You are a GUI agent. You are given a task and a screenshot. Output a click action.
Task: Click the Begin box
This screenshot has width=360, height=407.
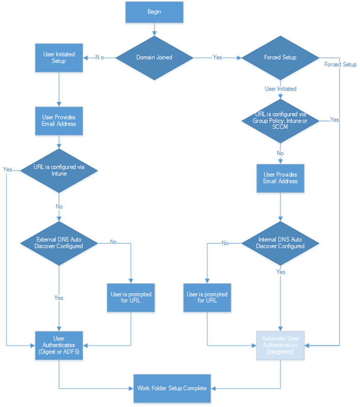click(155, 12)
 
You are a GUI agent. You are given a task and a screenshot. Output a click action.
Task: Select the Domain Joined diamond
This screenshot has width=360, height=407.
click(155, 57)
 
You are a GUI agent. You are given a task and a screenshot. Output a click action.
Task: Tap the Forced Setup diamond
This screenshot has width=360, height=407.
click(280, 57)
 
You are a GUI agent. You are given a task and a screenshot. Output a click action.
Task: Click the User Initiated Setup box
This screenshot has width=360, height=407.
click(59, 57)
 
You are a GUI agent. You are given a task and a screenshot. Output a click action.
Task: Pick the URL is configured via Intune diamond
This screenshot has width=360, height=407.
click(59, 170)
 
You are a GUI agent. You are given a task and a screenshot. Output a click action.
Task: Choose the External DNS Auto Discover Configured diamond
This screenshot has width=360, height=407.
click(59, 243)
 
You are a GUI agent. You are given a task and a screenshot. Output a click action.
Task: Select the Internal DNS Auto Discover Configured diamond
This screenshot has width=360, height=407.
click(280, 243)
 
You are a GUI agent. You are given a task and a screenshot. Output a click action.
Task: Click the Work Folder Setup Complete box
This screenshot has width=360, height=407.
click(172, 388)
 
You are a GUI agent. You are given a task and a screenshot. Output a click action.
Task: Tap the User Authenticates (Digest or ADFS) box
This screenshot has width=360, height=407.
click(59, 345)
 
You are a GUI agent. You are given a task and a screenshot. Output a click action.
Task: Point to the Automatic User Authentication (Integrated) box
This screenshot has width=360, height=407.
click(280, 345)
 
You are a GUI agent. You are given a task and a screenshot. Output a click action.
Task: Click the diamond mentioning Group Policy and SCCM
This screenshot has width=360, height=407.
click(280, 121)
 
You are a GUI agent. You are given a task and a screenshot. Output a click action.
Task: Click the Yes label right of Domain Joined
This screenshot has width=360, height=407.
click(217, 57)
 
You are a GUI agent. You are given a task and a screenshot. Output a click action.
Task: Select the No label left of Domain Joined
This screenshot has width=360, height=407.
click(100, 57)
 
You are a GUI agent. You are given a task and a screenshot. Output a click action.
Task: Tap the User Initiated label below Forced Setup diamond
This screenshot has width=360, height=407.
click(280, 89)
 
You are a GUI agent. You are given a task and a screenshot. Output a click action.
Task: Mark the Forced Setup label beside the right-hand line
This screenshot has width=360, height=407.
click(340, 65)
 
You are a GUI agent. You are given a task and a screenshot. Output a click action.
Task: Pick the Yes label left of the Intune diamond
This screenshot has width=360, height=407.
click(8, 169)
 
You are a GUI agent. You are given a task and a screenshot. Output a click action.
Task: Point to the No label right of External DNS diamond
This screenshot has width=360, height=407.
click(113, 242)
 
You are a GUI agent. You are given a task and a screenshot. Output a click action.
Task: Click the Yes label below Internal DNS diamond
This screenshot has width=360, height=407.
click(281, 272)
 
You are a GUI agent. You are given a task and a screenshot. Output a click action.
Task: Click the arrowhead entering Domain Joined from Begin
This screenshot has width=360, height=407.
click(155, 34)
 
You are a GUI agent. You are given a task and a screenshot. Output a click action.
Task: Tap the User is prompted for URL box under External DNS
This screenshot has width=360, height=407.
click(131, 298)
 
